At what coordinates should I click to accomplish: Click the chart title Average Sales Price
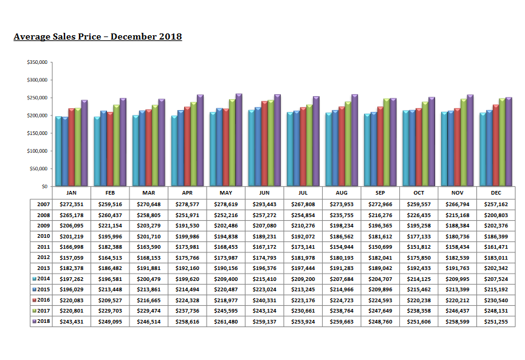click(x=97, y=37)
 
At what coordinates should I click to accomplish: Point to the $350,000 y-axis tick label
click(x=38, y=63)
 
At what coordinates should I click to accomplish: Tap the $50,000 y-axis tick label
click(x=39, y=168)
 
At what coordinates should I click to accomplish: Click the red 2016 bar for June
click(x=264, y=144)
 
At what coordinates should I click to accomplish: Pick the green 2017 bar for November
click(x=464, y=142)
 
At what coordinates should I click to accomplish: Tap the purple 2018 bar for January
click(x=84, y=143)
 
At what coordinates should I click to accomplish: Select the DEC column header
click(x=496, y=192)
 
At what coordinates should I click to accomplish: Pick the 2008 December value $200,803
click(x=496, y=215)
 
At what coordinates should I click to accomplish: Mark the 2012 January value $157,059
click(x=71, y=257)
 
